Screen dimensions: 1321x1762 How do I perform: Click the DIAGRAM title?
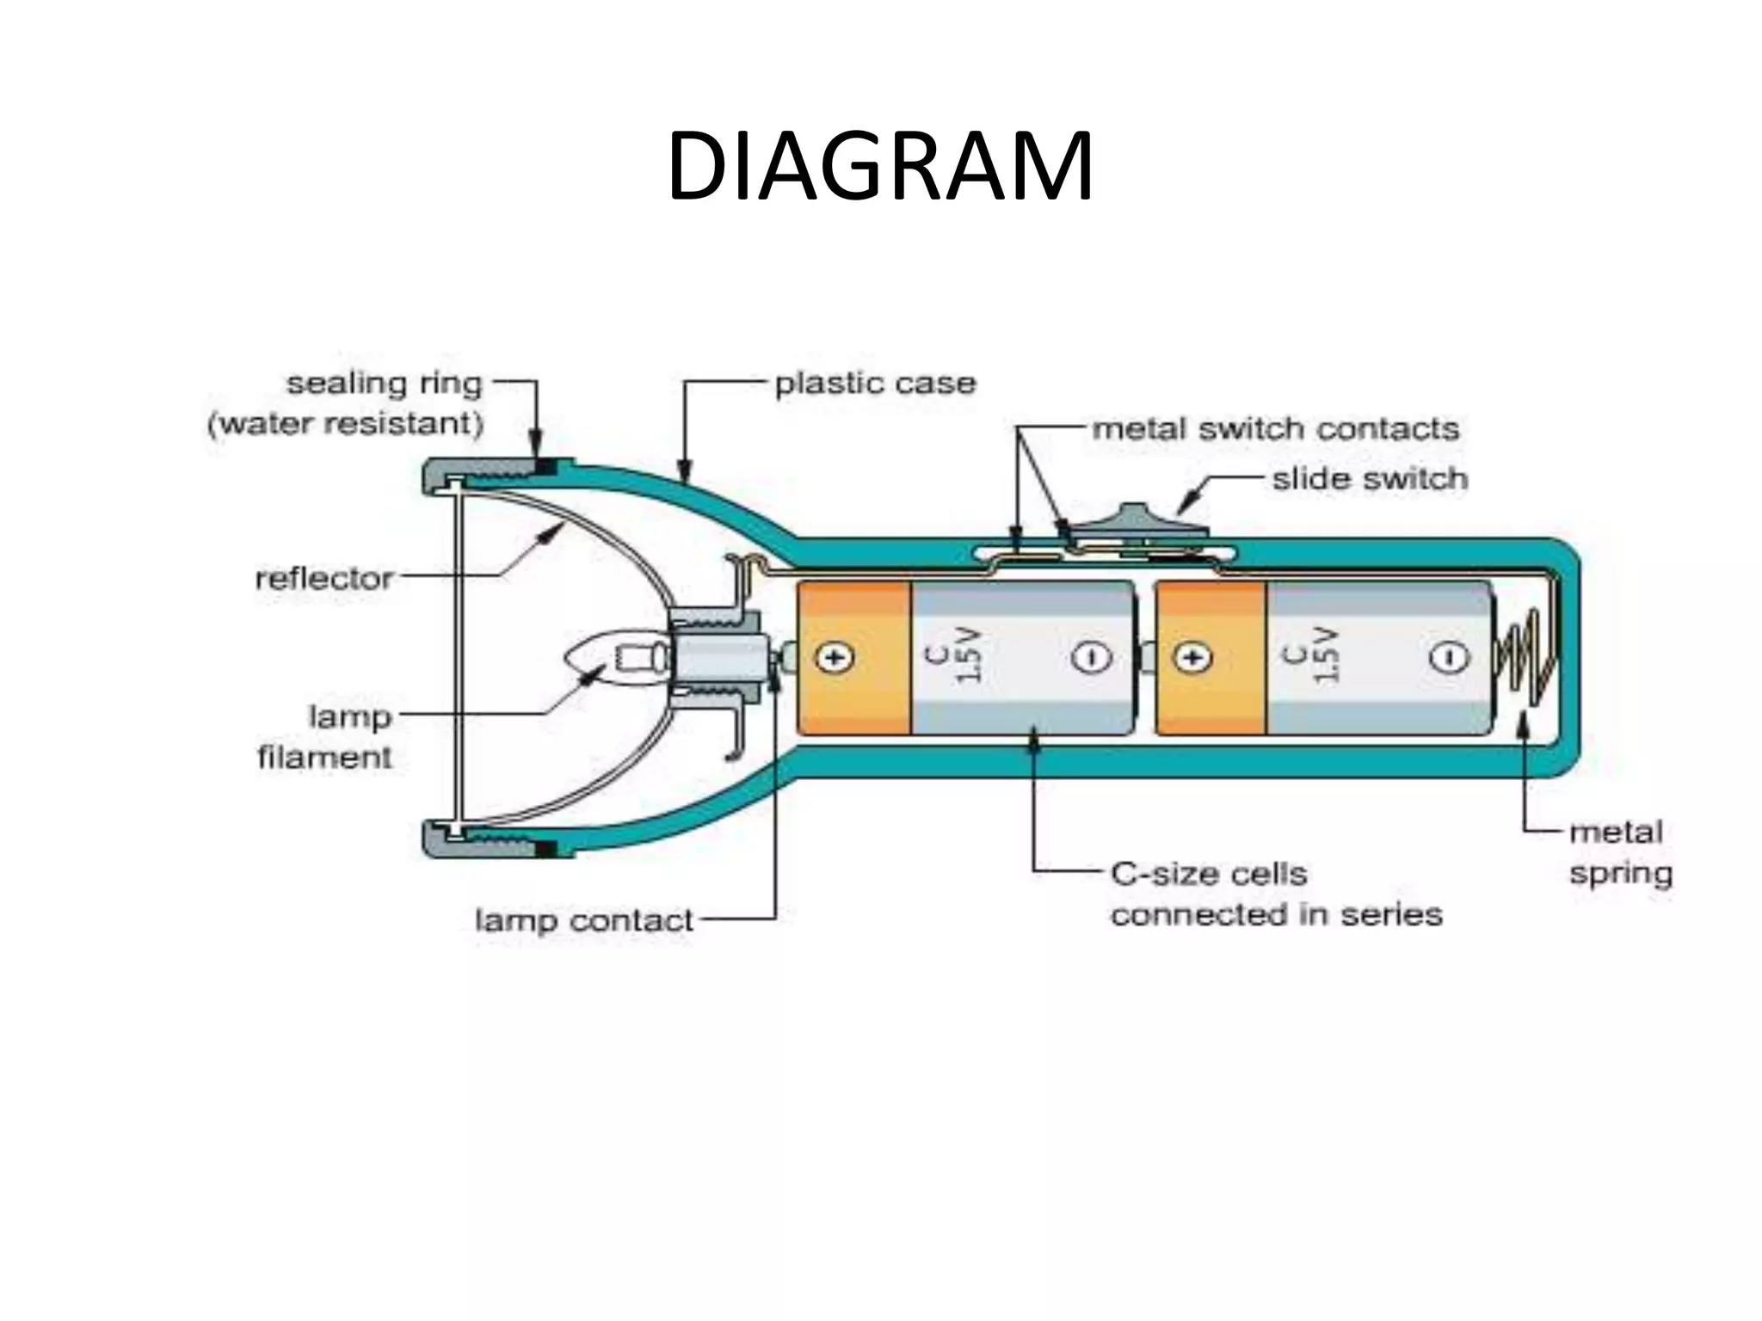(879, 167)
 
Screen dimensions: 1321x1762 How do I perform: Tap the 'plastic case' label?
(875, 384)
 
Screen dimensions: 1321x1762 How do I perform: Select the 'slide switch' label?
(1370, 479)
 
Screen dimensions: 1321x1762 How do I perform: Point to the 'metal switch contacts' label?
(1276, 428)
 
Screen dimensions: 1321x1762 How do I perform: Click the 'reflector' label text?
(324, 578)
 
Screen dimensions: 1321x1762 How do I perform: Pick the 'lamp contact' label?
(583, 920)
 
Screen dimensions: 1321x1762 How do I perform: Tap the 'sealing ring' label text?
(384, 384)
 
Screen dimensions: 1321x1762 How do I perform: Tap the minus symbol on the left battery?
(1092, 658)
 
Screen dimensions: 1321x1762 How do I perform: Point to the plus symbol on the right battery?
(1193, 658)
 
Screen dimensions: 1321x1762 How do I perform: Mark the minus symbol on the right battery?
(1450, 658)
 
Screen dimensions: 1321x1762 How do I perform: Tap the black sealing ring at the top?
(545, 467)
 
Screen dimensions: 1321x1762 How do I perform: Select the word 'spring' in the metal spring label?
(1621, 873)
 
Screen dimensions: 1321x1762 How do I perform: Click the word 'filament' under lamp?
(324, 757)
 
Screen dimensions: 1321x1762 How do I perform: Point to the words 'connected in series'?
(1276, 914)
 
